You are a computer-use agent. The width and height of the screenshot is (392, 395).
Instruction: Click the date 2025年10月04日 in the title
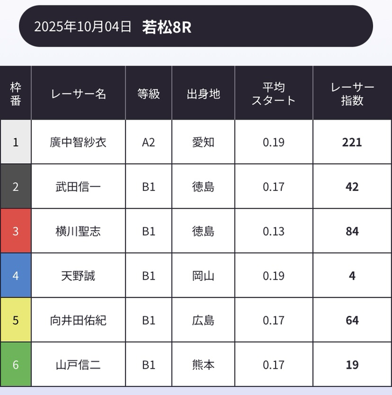[x=83, y=27]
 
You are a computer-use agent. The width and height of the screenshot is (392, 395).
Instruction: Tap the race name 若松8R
[x=167, y=27]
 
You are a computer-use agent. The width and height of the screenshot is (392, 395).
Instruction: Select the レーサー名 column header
[x=78, y=94]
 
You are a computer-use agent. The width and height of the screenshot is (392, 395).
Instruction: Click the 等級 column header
[x=148, y=94]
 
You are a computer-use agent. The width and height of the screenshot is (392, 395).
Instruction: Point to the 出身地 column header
[x=203, y=94]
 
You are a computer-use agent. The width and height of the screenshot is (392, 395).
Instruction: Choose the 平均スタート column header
[x=274, y=94]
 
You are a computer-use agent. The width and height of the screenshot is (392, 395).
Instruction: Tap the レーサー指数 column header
[x=352, y=94]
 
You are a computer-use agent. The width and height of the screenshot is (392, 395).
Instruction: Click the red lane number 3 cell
[x=16, y=231]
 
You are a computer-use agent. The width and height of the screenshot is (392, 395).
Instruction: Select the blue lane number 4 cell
[x=16, y=275]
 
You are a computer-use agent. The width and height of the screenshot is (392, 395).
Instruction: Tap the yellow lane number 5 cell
[x=16, y=320]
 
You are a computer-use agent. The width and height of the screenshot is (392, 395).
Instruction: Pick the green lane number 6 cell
[x=16, y=364]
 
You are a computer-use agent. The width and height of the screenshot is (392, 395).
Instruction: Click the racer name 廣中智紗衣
[x=78, y=142]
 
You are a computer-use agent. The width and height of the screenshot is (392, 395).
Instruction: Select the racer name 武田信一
[x=78, y=186]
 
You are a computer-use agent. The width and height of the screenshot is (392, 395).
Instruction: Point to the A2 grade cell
[x=148, y=142]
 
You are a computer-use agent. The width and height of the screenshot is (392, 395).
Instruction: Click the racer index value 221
[x=352, y=142]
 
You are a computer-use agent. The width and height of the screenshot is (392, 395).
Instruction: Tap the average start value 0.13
[x=274, y=231]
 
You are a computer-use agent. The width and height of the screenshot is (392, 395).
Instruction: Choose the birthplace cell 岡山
[x=203, y=275]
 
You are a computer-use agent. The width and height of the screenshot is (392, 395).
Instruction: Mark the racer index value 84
[x=352, y=231]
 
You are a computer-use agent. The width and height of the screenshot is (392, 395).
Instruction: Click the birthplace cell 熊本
[x=203, y=364]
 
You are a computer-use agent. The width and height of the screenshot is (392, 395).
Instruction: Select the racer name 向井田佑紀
[x=78, y=320]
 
